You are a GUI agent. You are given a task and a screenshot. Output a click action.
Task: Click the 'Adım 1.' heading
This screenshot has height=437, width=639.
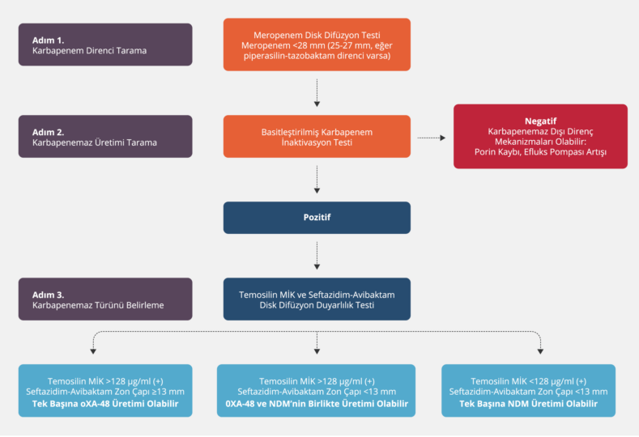click(49, 39)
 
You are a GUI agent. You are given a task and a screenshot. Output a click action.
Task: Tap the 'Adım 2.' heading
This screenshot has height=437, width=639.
click(49, 130)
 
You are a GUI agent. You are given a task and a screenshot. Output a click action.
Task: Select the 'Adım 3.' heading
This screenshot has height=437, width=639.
click(49, 294)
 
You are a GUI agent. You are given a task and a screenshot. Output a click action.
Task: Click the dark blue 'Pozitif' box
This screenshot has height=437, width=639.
click(317, 218)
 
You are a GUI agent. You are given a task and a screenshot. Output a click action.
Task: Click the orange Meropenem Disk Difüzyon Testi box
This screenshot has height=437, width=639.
click(317, 45)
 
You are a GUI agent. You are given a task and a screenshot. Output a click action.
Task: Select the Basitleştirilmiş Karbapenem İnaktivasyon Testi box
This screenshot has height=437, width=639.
click(317, 136)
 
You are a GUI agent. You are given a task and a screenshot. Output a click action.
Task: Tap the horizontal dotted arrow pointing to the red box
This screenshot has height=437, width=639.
click(432, 138)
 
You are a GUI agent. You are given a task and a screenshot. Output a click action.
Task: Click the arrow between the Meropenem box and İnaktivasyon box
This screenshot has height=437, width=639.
click(317, 92)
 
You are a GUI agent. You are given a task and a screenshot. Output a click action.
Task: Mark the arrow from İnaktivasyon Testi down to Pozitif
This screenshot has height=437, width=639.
click(317, 180)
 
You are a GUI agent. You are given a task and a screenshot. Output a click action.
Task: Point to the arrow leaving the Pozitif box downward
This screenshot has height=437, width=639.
click(317, 256)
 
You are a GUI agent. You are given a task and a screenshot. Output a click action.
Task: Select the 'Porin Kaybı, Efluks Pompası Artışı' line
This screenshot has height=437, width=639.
click(540, 152)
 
